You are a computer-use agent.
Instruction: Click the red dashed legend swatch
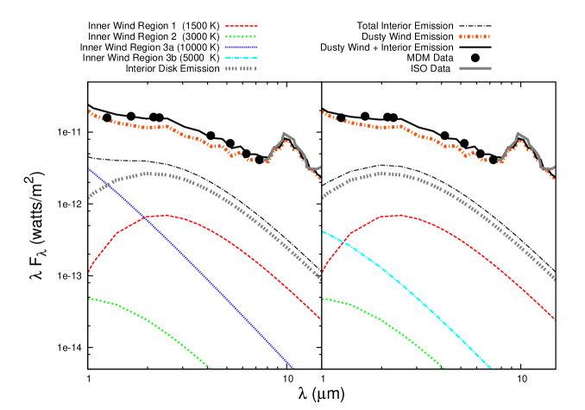242,26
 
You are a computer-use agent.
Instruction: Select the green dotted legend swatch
242,36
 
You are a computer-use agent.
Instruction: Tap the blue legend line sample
242,47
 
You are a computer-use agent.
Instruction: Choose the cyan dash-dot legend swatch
242,58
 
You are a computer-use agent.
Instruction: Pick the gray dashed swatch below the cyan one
242,68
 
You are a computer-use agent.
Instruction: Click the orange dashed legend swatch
475,37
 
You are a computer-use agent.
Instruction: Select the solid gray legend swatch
475,68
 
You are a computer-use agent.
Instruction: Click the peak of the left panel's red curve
165,215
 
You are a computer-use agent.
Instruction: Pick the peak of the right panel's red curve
399,215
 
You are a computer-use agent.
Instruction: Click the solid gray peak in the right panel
519,133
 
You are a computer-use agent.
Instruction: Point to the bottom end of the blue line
292,368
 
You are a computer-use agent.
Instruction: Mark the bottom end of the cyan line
490,368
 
